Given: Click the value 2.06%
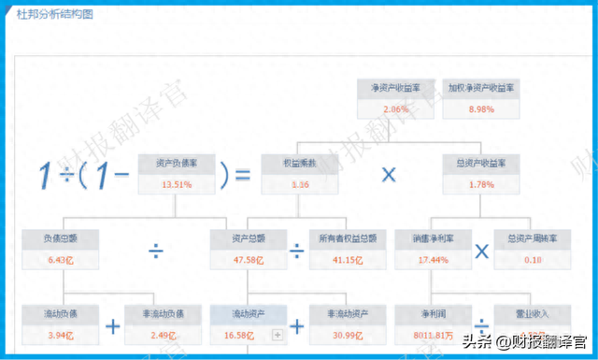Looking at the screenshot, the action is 396,110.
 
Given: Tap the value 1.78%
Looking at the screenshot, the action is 480,185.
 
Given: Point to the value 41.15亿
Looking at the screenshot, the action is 347,259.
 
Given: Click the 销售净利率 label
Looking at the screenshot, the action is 434,238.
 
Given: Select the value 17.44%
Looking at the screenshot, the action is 434,259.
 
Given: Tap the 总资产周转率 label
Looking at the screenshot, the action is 531,238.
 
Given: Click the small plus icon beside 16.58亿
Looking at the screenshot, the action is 277,335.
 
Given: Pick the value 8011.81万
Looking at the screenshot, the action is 432,335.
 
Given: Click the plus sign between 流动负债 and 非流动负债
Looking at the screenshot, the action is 113,326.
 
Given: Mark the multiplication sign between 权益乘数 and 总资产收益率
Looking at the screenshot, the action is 389,174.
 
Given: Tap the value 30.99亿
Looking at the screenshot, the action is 347,335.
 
